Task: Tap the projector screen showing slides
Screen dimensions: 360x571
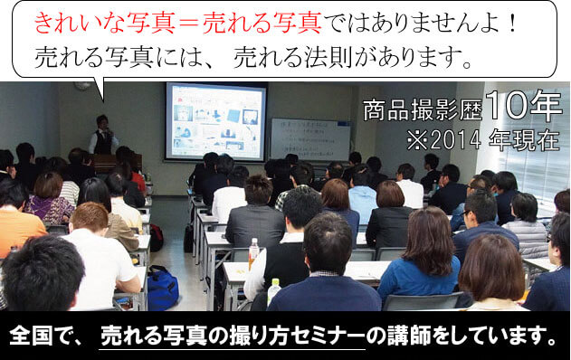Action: tap(215, 120)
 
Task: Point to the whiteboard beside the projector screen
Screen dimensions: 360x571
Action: tap(309, 138)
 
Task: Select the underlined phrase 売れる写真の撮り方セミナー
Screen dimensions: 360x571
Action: tap(232, 336)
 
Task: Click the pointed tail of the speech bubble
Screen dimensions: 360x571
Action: tap(100, 91)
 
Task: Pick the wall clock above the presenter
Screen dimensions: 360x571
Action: tap(83, 86)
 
